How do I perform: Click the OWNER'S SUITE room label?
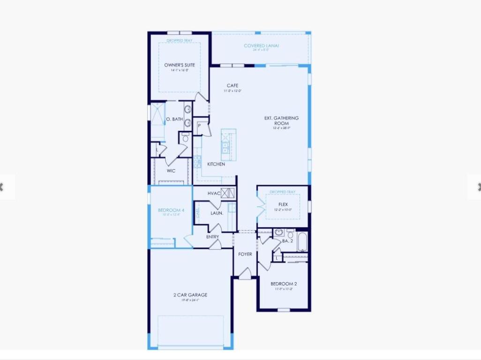179,65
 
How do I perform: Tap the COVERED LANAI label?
261,45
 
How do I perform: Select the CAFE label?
233,86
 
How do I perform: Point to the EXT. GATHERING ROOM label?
281,120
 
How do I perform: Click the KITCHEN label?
216,164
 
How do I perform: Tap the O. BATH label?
174,119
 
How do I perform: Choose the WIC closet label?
171,171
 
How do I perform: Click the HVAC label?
214,193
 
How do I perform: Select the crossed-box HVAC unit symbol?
227,193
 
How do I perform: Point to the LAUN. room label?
217,213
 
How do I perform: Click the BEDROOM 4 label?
171,210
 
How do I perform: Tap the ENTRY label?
212,237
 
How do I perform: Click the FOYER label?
245,254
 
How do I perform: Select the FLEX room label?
283,204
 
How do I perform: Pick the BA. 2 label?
287,241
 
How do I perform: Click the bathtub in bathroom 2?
302,241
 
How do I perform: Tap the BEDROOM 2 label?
284,284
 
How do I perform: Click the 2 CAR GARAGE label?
190,295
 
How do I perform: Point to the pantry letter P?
199,126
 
